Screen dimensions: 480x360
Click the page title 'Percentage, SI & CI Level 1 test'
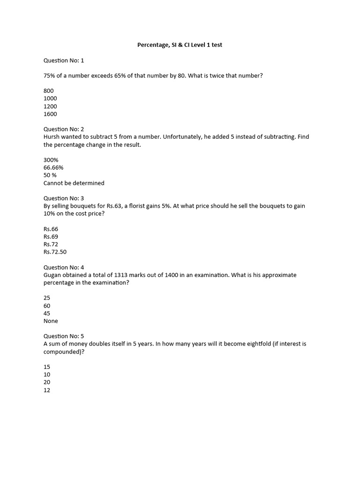[x=183, y=45]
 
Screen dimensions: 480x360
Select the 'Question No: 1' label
[x=64, y=60]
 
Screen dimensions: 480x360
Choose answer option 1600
[x=50, y=114]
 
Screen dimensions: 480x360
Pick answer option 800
[x=49, y=90]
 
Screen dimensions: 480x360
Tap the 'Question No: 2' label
[x=64, y=129]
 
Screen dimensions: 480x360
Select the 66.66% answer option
[x=53, y=167]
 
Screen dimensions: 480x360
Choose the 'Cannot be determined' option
[x=74, y=183]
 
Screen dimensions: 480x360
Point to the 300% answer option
[x=51, y=160]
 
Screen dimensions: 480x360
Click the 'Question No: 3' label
[x=64, y=198]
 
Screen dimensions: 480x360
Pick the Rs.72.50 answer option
[x=55, y=252]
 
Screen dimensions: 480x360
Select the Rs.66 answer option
[x=51, y=229]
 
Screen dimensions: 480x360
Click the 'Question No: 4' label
[x=64, y=267]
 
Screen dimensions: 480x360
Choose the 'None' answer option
[x=51, y=321]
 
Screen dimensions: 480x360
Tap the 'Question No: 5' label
[x=64, y=336]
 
